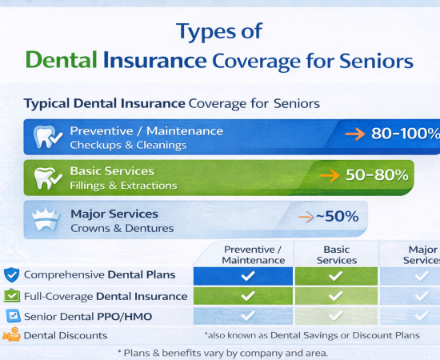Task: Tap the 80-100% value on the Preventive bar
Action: pos(405,134)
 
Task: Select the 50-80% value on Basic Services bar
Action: pos(377,174)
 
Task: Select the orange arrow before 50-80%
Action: pos(328,175)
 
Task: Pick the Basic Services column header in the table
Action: pos(337,254)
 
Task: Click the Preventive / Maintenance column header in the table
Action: pos(253,254)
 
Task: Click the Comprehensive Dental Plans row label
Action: pos(99,274)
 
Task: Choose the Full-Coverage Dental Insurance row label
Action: pos(106,296)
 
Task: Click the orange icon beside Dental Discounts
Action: pos(11,335)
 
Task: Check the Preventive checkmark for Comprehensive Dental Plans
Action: pos(248,276)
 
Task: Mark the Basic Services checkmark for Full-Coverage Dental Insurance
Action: pos(336,296)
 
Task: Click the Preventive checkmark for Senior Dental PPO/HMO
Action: pos(248,316)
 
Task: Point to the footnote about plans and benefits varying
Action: pos(222,353)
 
